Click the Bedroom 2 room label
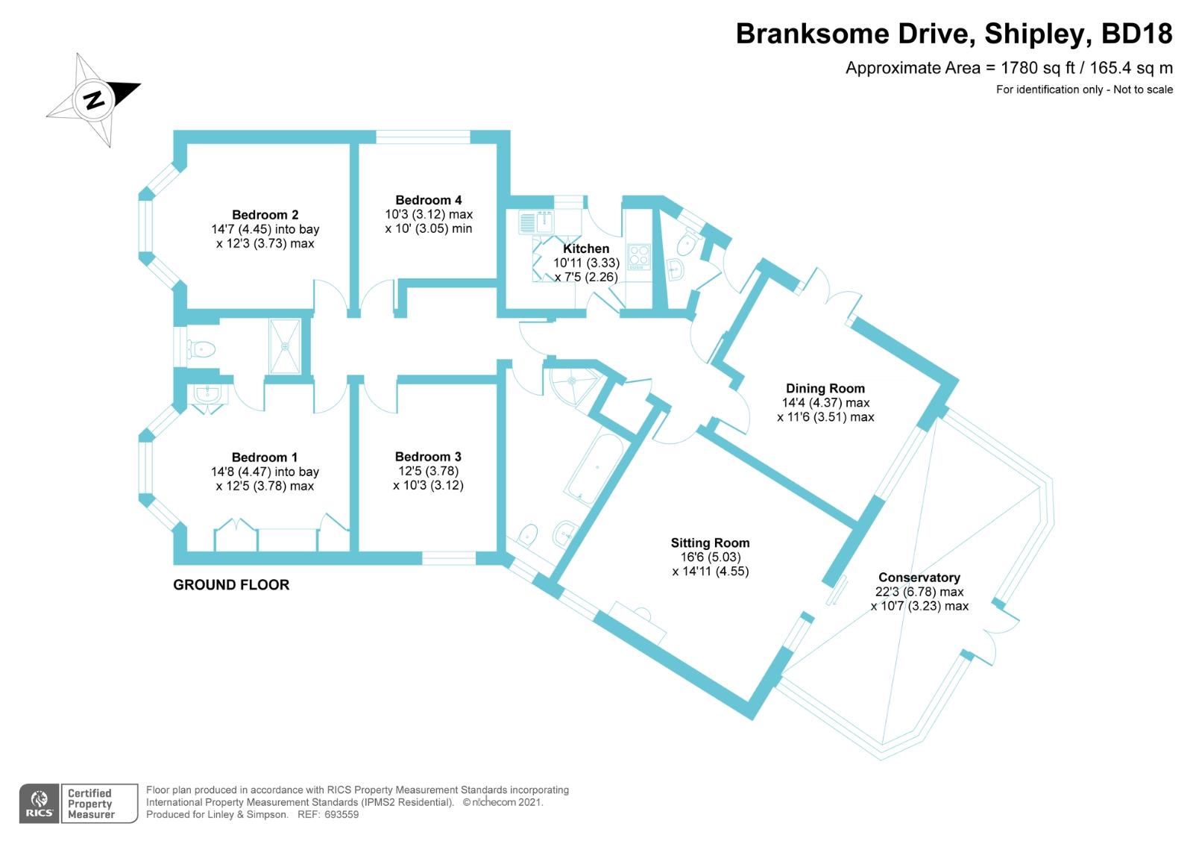(x=265, y=215)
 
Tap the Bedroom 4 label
(x=428, y=200)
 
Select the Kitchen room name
(x=586, y=248)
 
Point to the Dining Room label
(x=825, y=388)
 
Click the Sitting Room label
(x=710, y=543)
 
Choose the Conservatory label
(x=919, y=578)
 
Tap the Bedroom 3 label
(x=428, y=457)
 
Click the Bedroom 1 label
(x=265, y=457)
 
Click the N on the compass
(x=94, y=99)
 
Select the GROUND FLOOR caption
(x=231, y=585)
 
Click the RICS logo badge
(x=39, y=804)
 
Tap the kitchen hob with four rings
(x=639, y=257)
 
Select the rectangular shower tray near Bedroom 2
(x=284, y=346)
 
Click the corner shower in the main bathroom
(x=572, y=384)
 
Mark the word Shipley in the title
(x=1030, y=34)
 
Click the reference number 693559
(x=339, y=815)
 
